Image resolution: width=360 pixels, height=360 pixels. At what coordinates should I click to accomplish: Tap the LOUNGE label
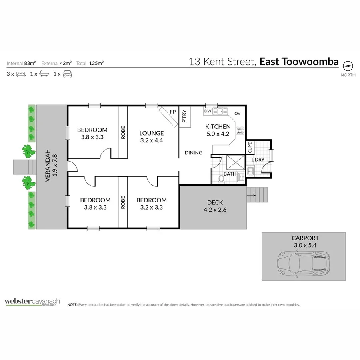152,133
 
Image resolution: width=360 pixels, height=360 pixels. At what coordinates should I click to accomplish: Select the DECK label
215,202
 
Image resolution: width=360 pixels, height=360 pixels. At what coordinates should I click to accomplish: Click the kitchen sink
220,111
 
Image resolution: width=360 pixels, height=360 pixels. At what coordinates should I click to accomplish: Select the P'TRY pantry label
184,116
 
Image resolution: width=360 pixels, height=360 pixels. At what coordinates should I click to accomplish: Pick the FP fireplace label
173,112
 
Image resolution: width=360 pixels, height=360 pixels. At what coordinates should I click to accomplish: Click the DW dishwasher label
208,111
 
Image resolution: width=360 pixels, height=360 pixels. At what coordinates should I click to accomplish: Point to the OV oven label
237,114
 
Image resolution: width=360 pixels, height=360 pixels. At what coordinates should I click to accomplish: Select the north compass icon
348,66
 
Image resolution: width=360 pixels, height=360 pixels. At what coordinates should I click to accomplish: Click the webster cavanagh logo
32,302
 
